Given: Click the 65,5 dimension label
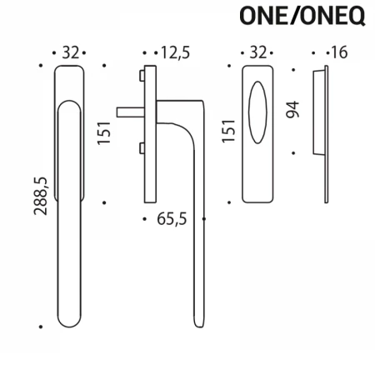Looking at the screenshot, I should (x=174, y=221).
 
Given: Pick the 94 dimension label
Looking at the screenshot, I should (x=291, y=110).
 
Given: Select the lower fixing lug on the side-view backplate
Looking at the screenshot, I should (x=142, y=147).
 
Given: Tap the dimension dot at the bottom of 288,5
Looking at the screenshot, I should (x=39, y=327).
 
